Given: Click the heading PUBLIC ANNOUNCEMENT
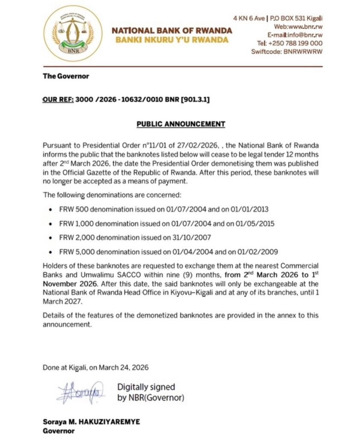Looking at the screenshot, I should tap(180, 124).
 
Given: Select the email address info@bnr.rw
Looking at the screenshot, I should tap(306, 35).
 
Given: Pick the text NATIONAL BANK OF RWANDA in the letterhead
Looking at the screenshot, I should tap(172, 31).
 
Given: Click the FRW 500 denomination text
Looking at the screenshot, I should tap(74, 210).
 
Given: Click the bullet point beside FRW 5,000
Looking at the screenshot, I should tap(50, 251).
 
